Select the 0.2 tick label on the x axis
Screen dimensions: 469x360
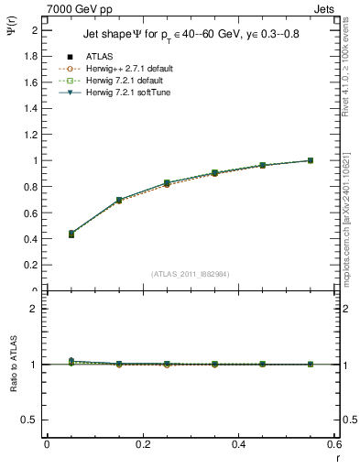(142, 444)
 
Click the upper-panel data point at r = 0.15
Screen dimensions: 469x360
(119, 200)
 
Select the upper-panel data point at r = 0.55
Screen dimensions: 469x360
(310, 160)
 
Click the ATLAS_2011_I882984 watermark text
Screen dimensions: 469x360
(191, 273)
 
